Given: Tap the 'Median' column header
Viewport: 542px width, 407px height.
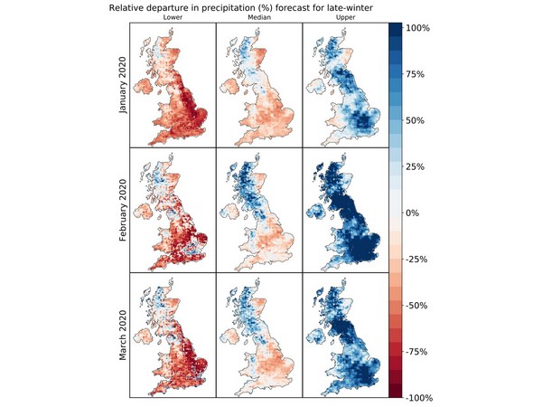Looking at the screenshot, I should click(258, 17).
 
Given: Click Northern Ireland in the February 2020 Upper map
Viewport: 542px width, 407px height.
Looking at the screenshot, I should click(315, 213).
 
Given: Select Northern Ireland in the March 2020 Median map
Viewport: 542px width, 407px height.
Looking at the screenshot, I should click(229, 338).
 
